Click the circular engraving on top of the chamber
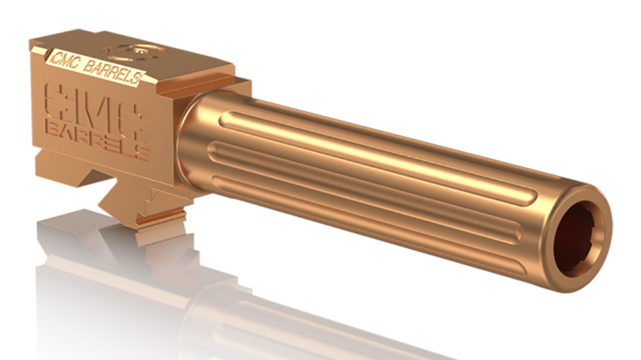pos(134,53)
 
